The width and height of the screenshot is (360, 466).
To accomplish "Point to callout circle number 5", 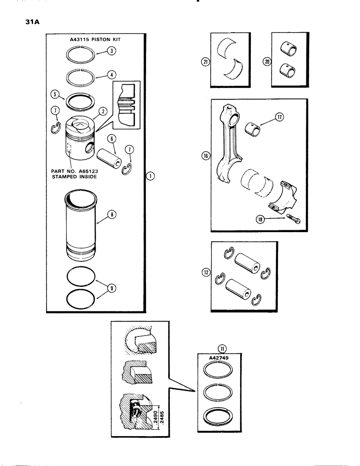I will (55, 94).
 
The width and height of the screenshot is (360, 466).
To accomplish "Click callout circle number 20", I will (266, 61).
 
